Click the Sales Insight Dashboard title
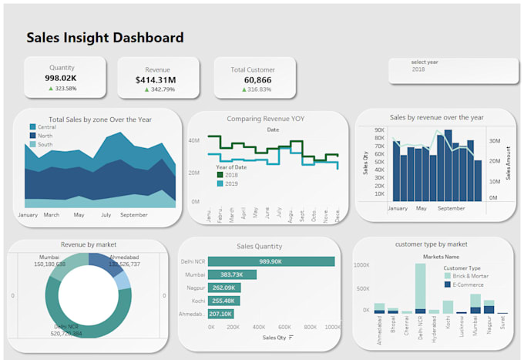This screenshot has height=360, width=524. pos(105,38)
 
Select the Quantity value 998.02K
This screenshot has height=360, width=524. pos(62,78)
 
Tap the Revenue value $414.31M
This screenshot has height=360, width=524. pos(155,79)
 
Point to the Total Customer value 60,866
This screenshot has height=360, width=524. pos(252,79)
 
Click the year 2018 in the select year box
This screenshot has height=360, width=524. pos(418,69)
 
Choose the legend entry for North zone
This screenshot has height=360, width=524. pos(45,136)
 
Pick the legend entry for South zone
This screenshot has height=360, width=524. pos(45,144)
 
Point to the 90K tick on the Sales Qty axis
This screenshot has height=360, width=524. pos(379,130)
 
